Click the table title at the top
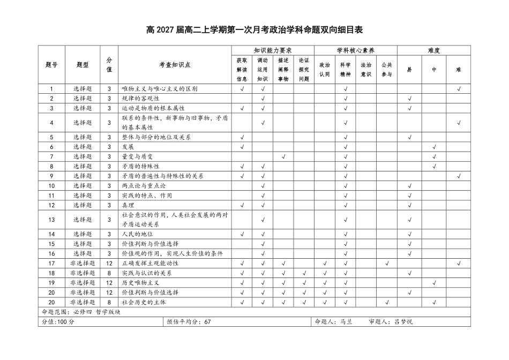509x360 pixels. (x=254, y=29)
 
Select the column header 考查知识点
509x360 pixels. (x=175, y=65)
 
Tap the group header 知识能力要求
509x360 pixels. (x=272, y=50)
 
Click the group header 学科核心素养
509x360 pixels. (x=355, y=50)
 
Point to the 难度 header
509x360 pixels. (x=434, y=50)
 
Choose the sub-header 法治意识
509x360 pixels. (x=366, y=70)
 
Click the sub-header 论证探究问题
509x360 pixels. (x=304, y=70)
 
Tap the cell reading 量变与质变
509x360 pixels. (x=138, y=156)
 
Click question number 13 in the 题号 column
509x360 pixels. (x=52, y=219)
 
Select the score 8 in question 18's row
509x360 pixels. (x=109, y=273)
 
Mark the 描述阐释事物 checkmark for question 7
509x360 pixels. (x=283, y=156)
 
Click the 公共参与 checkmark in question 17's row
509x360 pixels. (x=387, y=263)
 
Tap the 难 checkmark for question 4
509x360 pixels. (x=459, y=123)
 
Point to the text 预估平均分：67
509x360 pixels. (x=189, y=321)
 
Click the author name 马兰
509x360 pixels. (x=346, y=321)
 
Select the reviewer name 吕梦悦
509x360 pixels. (x=404, y=321)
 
